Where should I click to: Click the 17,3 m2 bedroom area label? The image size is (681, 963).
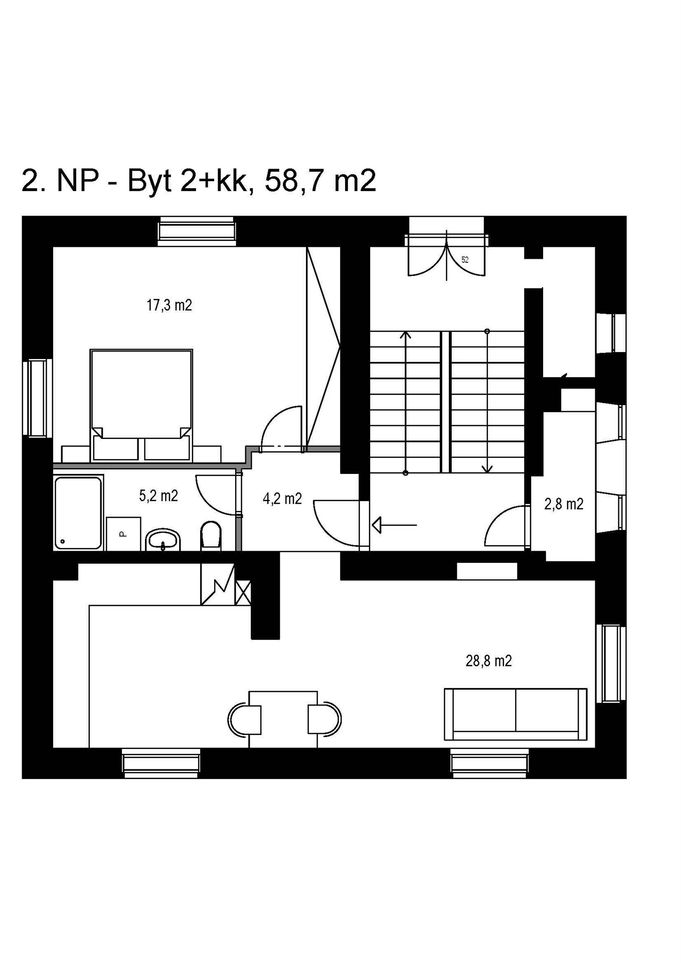point(169,305)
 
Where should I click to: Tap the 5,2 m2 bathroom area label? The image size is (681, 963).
point(158,496)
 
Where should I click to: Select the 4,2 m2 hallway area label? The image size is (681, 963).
point(282,498)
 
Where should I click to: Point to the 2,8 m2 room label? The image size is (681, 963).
point(564,504)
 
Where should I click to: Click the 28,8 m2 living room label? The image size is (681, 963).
point(488,661)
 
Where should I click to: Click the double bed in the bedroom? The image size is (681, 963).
point(141,405)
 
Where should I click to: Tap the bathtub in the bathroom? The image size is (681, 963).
point(78,513)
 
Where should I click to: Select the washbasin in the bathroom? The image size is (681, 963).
point(163,540)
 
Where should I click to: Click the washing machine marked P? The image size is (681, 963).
point(123,534)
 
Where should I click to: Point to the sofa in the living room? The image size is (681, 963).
point(516,714)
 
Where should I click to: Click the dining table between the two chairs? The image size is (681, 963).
point(283,719)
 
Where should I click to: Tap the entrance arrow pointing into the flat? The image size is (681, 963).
point(395,525)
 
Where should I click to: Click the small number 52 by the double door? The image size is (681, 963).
point(465,260)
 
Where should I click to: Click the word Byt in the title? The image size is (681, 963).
point(150,182)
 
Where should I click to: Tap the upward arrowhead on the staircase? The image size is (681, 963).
point(406,335)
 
